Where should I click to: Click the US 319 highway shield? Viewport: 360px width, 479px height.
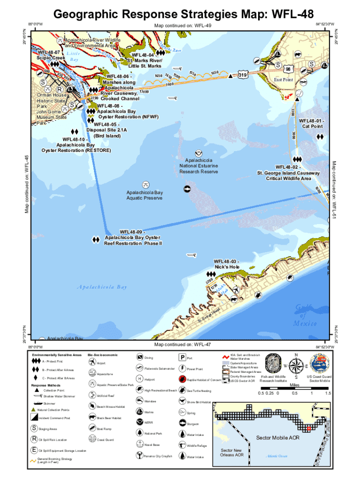[x=242, y=74]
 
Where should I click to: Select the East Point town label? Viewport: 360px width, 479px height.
[x=283, y=80]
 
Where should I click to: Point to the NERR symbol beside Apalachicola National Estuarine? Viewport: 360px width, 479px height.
[x=199, y=153]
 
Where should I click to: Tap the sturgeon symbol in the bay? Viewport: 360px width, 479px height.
[x=187, y=189]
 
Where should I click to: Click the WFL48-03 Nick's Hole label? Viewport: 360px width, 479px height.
[x=227, y=264]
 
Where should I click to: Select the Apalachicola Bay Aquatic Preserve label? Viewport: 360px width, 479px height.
[x=144, y=196]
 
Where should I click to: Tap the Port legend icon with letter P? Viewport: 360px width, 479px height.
[x=182, y=358]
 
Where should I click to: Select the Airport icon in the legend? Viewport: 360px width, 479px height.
[x=92, y=362]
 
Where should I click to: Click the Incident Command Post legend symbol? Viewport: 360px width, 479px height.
[x=35, y=417]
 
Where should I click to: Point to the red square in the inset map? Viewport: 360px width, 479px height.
[x=309, y=428]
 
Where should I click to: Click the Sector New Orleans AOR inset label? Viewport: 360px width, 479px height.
[x=232, y=452]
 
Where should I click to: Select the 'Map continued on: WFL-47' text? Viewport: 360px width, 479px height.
[x=182, y=345]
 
